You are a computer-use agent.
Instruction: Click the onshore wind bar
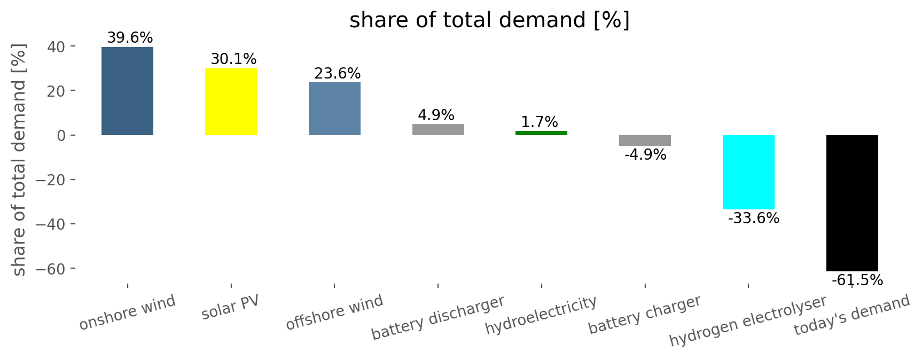tap(127, 91)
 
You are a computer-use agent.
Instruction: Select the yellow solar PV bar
tap(231, 101)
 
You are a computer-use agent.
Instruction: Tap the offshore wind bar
tap(334, 108)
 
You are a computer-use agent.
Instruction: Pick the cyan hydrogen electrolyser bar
tap(748, 172)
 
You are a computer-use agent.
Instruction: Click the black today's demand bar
tap(851, 203)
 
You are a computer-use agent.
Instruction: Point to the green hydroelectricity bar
tap(541, 133)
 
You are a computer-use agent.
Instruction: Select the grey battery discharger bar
tap(438, 129)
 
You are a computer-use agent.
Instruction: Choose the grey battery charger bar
tap(645, 140)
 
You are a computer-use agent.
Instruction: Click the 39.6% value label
tap(130, 38)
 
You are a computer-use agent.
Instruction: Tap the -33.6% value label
tap(753, 218)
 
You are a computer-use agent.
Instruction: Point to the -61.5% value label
tap(857, 280)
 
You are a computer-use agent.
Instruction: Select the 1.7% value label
tap(539, 122)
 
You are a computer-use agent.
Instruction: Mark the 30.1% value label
tap(233, 59)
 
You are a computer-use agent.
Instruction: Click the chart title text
tap(489, 20)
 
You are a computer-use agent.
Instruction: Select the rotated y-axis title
tap(19, 160)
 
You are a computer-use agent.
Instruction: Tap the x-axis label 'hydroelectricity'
tap(541, 315)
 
